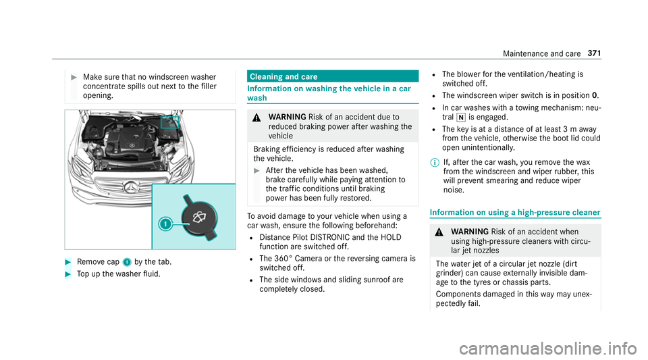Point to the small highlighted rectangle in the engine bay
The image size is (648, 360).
click(x=170, y=122)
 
